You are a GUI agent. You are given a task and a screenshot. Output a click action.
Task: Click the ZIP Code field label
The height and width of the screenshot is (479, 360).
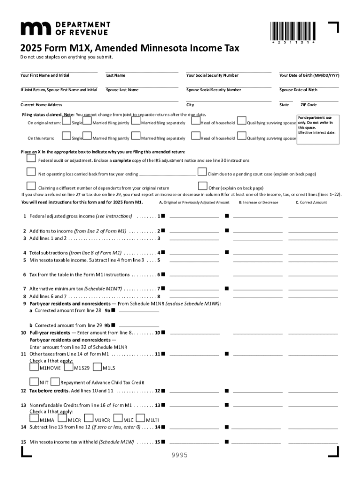click(309, 105)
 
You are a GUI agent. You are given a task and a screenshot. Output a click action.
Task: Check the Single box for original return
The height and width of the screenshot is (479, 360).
click(66, 122)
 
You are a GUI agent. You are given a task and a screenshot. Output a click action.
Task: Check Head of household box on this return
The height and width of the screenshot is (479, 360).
click(195, 137)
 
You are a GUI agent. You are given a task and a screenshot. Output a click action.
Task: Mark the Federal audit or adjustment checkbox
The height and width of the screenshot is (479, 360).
click(31, 160)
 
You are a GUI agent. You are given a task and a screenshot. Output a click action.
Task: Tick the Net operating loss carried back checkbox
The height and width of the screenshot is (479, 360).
click(31, 172)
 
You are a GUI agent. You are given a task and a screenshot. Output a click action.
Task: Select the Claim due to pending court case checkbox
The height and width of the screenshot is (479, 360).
click(202, 172)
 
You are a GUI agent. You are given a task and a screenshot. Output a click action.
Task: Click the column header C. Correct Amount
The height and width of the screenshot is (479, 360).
click(311, 203)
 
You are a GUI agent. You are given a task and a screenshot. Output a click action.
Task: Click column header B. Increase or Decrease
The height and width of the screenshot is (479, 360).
click(258, 203)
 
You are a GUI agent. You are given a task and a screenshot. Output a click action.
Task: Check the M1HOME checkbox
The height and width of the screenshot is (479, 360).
click(34, 367)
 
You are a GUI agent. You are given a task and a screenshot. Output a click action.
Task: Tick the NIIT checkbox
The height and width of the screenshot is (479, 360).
click(34, 382)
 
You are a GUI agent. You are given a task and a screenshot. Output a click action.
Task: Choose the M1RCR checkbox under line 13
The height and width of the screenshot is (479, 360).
click(88, 419)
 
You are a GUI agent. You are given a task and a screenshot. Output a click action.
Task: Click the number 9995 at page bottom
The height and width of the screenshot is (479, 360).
click(180, 455)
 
